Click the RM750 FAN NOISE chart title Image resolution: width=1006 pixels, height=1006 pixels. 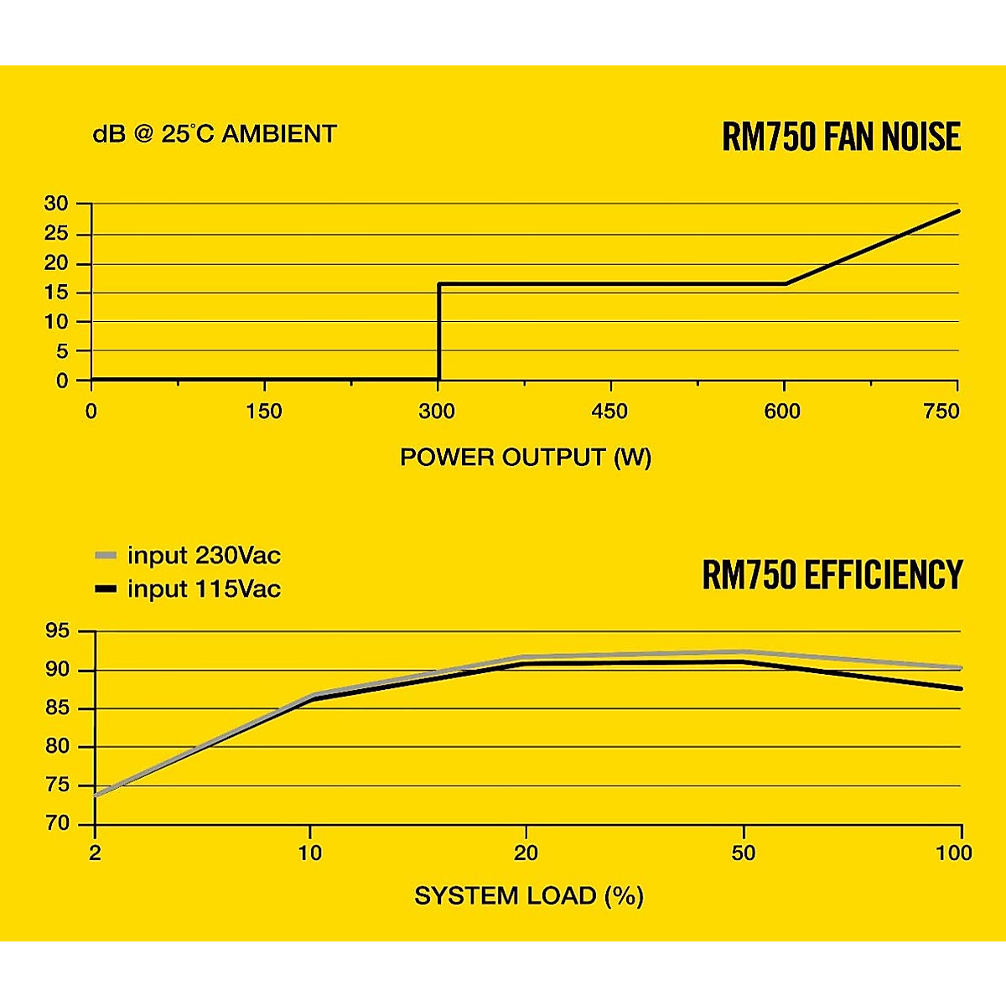tap(841, 137)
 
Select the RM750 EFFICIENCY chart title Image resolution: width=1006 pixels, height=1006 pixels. tap(832, 576)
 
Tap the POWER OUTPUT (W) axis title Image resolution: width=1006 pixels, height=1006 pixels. tap(526, 458)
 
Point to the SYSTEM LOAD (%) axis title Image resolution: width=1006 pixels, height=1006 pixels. tap(529, 896)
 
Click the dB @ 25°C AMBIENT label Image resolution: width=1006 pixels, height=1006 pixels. tap(215, 134)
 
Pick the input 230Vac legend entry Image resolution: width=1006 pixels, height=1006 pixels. tap(189, 556)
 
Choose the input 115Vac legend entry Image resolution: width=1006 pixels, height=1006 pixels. tap(189, 589)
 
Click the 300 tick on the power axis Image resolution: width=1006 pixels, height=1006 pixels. tap(438, 412)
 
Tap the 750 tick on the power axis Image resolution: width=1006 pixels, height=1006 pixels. tap(942, 412)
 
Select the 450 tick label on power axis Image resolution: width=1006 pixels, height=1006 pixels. tap(609, 412)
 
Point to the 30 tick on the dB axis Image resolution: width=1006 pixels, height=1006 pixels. tap(57, 204)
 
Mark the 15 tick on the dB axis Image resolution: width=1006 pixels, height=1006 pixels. tap(57, 293)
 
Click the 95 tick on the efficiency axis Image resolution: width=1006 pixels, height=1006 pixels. tap(60, 632)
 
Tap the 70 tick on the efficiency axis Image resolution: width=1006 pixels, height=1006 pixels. tap(60, 824)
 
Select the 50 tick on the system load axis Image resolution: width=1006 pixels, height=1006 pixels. tap(743, 853)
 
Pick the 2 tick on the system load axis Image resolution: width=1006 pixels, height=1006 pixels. tap(95, 853)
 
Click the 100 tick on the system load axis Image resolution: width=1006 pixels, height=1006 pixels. tap(954, 853)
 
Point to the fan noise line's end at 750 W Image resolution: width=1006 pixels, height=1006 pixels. tap(958, 210)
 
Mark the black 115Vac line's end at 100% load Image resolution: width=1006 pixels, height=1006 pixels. tap(960, 688)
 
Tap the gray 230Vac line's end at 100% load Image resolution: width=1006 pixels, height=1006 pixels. tap(960, 667)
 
